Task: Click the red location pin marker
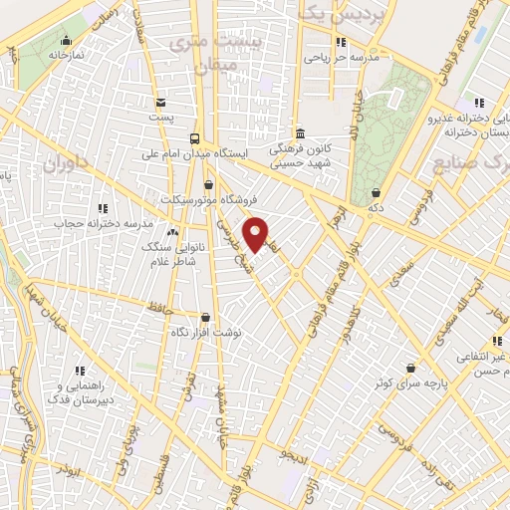tap(256, 233)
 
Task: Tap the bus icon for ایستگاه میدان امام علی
tap(195, 139)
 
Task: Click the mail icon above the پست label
tap(160, 102)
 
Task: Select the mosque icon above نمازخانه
tap(66, 41)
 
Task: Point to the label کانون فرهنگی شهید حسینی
tap(299, 153)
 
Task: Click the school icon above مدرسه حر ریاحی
tap(341, 42)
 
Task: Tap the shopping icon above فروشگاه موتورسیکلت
tap(208, 184)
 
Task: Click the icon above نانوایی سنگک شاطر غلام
tap(173, 232)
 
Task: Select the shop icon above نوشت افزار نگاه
tap(206, 318)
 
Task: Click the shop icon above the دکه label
tap(376, 193)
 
